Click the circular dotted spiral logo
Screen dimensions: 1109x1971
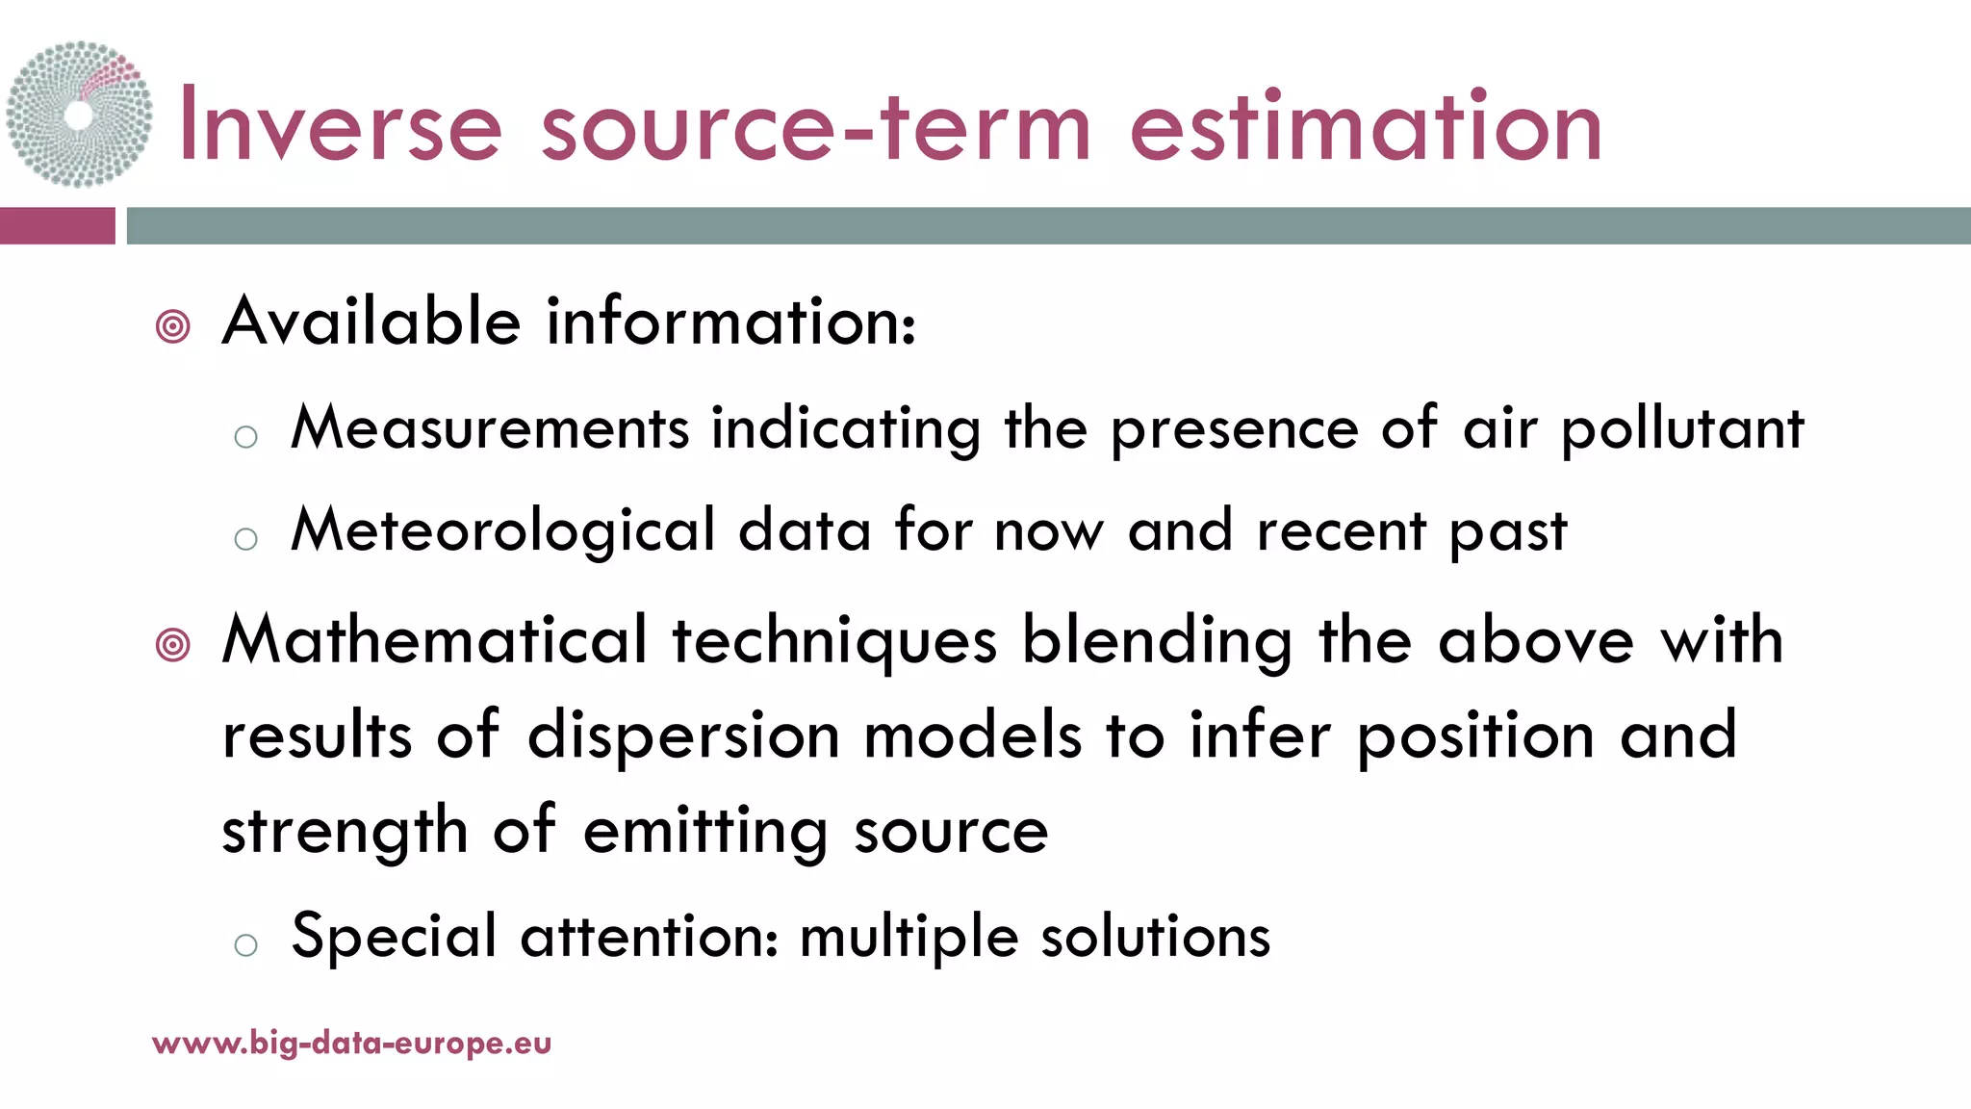(79, 115)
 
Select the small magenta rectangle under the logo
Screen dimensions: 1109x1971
(57, 226)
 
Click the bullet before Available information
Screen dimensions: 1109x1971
(173, 326)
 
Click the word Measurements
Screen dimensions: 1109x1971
(491, 427)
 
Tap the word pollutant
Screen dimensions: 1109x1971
(1682, 429)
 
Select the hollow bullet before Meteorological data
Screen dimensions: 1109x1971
(246, 538)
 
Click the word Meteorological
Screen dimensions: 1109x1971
(503, 530)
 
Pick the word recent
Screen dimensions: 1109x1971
(1341, 530)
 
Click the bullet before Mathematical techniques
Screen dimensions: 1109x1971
(173, 644)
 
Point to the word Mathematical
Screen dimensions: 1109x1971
(435, 640)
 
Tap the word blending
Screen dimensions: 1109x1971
(1157, 642)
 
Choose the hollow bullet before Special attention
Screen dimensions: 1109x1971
(246, 944)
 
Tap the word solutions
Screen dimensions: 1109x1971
(1155, 936)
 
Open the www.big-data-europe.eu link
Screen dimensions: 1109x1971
(352, 1044)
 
